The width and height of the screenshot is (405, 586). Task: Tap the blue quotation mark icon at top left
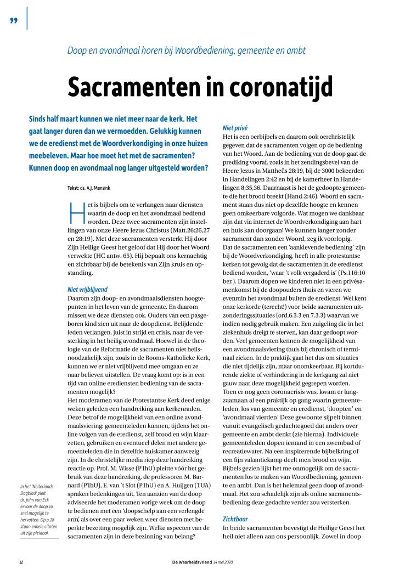(14, 20)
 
